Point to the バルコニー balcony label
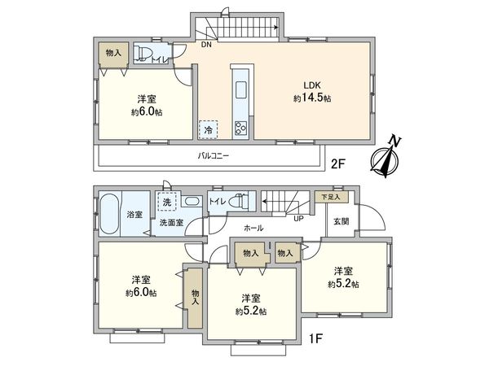[x=211, y=155]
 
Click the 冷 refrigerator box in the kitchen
[x=208, y=129]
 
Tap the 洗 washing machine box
[x=167, y=202]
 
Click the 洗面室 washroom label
[x=170, y=222]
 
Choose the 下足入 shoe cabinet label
[x=329, y=197]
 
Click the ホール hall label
[x=253, y=229]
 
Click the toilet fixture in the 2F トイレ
[x=143, y=54]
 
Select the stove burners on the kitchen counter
[x=241, y=127]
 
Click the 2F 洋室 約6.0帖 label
[x=148, y=106]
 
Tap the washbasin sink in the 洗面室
[x=192, y=202]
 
